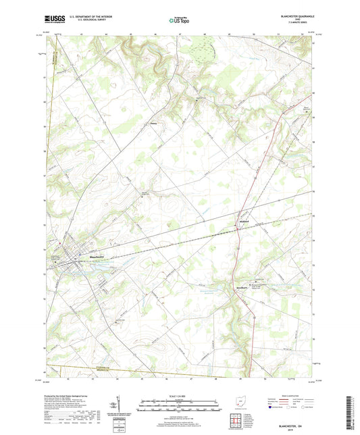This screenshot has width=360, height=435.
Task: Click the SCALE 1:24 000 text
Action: [x=180, y=395]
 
